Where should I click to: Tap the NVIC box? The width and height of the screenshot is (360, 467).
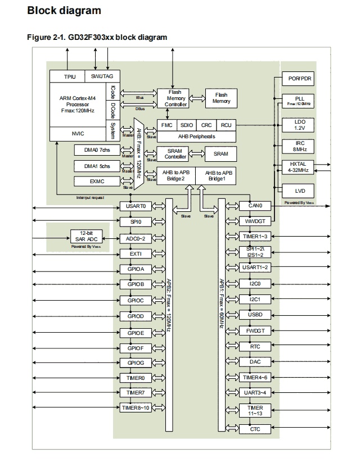point(78,134)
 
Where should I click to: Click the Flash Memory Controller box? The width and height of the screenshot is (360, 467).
point(173,98)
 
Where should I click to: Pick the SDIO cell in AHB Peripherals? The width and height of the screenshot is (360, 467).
point(186,125)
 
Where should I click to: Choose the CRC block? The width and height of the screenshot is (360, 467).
point(206,125)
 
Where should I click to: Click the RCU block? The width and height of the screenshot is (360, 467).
point(226,125)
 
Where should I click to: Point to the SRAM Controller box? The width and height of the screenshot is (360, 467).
point(175,153)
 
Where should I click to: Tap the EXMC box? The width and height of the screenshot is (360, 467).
point(97,181)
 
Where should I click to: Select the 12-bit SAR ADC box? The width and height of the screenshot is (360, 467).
point(86,236)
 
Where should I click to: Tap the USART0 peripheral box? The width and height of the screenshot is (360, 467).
point(136,206)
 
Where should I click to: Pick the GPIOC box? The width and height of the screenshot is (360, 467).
point(136,300)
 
